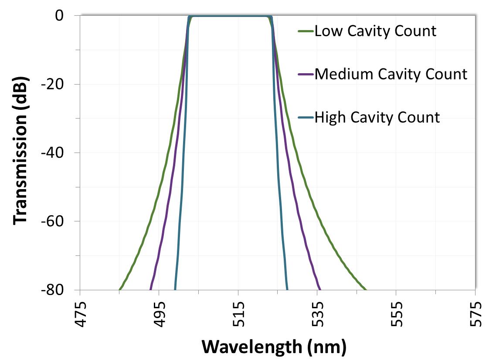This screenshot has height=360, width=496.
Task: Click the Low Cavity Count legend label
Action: click(x=375, y=31)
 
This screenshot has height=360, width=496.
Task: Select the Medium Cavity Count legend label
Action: click(x=391, y=74)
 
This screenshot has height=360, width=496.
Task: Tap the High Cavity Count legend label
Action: click(x=377, y=117)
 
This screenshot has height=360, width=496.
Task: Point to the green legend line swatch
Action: click(x=305, y=31)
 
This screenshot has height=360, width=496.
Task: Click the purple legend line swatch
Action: click(x=305, y=75)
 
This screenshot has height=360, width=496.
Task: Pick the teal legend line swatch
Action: click(x=305, y=118)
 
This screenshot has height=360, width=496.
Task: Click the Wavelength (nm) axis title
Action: click(x=274, y=347)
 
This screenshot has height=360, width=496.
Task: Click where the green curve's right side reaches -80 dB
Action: click(x=366, y=289)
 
